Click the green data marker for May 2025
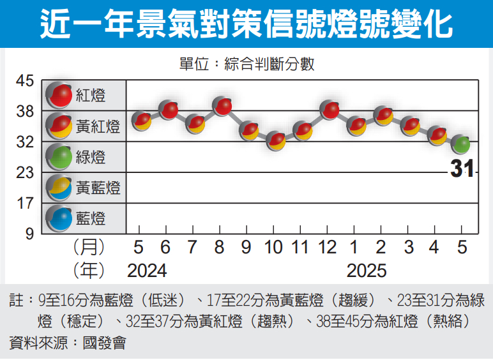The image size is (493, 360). [x=461, y=145]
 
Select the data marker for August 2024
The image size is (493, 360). [x=222, y=107]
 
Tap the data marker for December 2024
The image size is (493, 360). [x=330, y=110]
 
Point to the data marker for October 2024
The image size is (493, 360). [x=276, y=140]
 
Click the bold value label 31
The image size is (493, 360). [x=462, y=169]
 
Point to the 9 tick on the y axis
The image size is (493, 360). [x=29, y=234]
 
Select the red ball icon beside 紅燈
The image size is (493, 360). [x=61, y=95]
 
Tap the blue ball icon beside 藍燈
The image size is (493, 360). [x=61, y=218]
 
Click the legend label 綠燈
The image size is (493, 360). [x=91, y=157]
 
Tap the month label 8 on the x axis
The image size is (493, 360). [x=220, y=247]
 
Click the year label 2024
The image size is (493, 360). [x=147, y=271]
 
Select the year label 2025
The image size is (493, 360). [x=367, y=271]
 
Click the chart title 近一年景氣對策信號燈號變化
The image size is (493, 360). [x=247, y=24]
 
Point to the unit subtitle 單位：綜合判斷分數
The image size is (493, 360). [x=247, y=64]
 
